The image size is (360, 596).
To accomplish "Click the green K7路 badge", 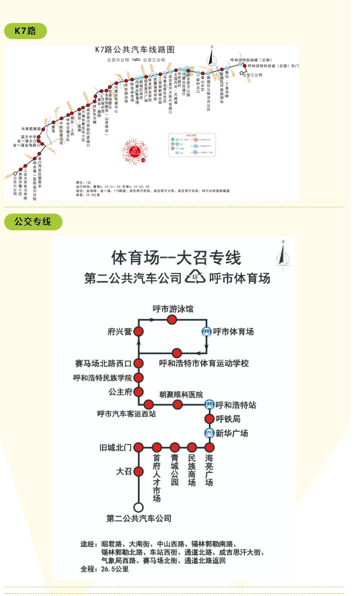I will click(x=25, y=31).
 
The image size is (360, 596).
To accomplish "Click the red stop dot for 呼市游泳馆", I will click(x=172, y=319).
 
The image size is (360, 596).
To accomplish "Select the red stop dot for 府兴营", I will click(x=139, y=331).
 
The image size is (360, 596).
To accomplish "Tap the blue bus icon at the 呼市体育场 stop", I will click(x=207, y=331).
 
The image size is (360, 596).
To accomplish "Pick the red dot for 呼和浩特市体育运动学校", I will click(x=177, y=353).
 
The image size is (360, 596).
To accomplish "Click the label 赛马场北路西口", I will click(x=103, y=363).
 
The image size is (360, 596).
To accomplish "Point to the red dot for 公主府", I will click(x=139, y=391).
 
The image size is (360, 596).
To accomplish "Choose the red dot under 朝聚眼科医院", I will click(x=178, y=404).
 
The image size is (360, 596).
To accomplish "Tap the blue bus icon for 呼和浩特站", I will click(x=209, y=404).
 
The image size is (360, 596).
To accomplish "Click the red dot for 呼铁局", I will click(x=209, y=419).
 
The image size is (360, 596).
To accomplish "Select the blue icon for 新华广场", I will click(x=209, y=433).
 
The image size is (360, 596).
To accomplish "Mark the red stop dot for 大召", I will click(x=139, y=471).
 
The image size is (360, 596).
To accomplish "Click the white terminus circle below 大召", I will click(x=139, y=507).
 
